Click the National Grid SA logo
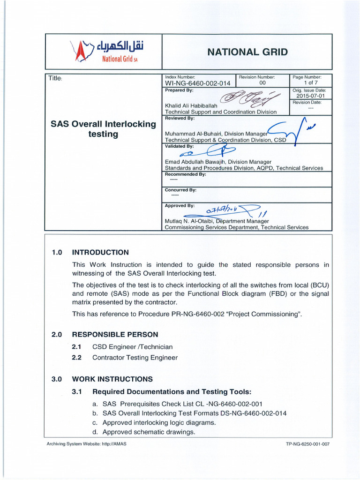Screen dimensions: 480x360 105,52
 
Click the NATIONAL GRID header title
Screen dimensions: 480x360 247,52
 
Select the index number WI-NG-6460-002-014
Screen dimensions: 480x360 197,83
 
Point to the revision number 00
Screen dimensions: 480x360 262,83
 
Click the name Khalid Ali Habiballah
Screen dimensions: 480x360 187,105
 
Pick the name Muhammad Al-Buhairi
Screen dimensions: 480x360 197,133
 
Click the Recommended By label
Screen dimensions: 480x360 186,174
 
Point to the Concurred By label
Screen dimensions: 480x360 180,190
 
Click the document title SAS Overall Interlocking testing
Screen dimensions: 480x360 103,129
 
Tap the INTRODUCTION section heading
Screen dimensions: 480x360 100,252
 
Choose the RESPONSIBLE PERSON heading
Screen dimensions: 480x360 115,334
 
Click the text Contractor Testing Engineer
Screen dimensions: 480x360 135,358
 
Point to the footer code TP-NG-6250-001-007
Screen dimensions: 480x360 307,443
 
